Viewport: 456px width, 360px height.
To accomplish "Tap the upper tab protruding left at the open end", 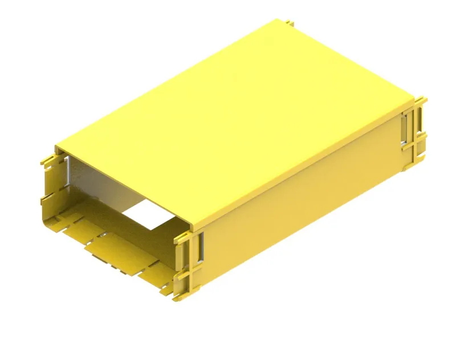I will tap(44, 160).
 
